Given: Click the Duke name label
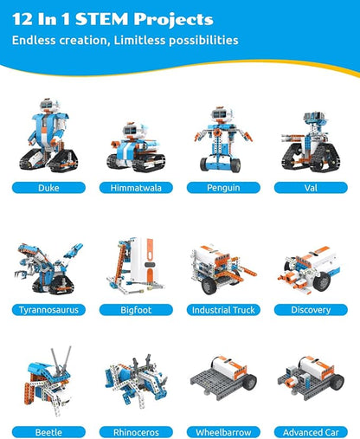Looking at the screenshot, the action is point(48,188).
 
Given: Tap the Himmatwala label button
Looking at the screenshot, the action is point(136,188).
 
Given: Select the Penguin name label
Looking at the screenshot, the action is point(223,188).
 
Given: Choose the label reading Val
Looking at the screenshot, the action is point(311,188).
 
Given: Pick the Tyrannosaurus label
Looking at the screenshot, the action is point(48,310).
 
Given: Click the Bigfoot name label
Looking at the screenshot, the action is point(136,310).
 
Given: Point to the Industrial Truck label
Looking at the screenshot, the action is point(223,310).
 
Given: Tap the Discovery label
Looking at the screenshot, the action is point(311,310).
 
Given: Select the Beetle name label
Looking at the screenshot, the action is point(48,432).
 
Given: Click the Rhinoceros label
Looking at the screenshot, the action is point(136,432).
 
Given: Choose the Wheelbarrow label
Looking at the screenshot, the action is point(223,432).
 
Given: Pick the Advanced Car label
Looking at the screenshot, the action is point(311,432).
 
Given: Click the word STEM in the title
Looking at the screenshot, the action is point(102,19).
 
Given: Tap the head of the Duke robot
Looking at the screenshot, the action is point(49,106).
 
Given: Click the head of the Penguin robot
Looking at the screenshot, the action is point(222,115).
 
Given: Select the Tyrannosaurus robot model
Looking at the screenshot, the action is point(48,268).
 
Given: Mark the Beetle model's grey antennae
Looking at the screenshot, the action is point(61,359).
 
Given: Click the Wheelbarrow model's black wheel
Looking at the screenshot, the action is point(248,382).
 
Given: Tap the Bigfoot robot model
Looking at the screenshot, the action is point(136,265).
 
